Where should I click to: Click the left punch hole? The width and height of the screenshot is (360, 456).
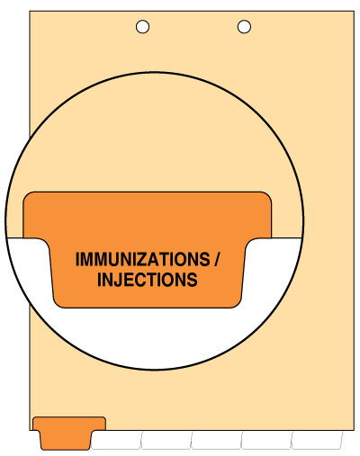point(142,27)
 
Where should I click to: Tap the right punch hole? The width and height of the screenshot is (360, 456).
point(244,27)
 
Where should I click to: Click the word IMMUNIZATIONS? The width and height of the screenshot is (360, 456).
point(143,259)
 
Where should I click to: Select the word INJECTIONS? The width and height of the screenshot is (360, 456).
point(148,280)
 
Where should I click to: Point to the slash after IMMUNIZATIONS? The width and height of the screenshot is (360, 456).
point(217,259)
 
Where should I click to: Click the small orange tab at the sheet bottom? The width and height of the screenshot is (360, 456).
point(69,433)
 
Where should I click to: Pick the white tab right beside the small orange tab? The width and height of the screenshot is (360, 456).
point(116,440)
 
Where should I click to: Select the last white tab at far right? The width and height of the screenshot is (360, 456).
point(317,440)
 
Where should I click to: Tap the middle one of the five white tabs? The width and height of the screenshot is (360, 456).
point(216,440)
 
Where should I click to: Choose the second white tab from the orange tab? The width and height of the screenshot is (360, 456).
point(166,440)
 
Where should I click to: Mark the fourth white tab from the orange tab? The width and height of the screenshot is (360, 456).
point(266,440)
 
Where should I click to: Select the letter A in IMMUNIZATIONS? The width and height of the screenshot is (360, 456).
point(154,259)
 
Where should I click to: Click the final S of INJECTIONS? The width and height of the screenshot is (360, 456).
point(192,280)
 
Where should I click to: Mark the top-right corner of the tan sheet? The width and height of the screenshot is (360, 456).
point(355,12)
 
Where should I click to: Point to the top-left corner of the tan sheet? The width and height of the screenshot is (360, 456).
point(30,12)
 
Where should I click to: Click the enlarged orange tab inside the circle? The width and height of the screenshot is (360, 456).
point(148,249)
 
